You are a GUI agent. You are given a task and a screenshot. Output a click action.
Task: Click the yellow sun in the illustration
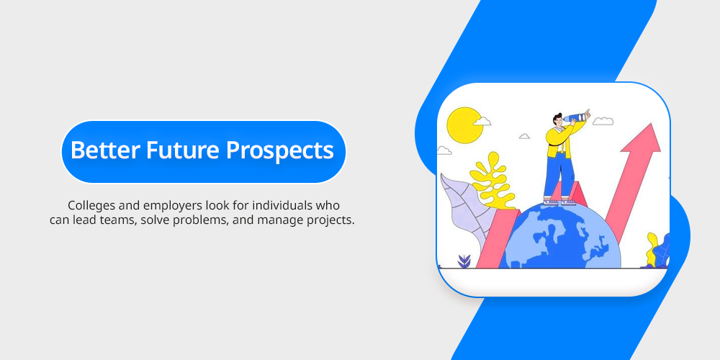point(464,125)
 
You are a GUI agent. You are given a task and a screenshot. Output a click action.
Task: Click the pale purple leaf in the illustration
point(462,207)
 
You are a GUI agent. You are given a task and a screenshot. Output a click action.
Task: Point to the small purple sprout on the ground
point(464,261)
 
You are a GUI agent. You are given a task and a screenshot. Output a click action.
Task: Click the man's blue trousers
point(559,177)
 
